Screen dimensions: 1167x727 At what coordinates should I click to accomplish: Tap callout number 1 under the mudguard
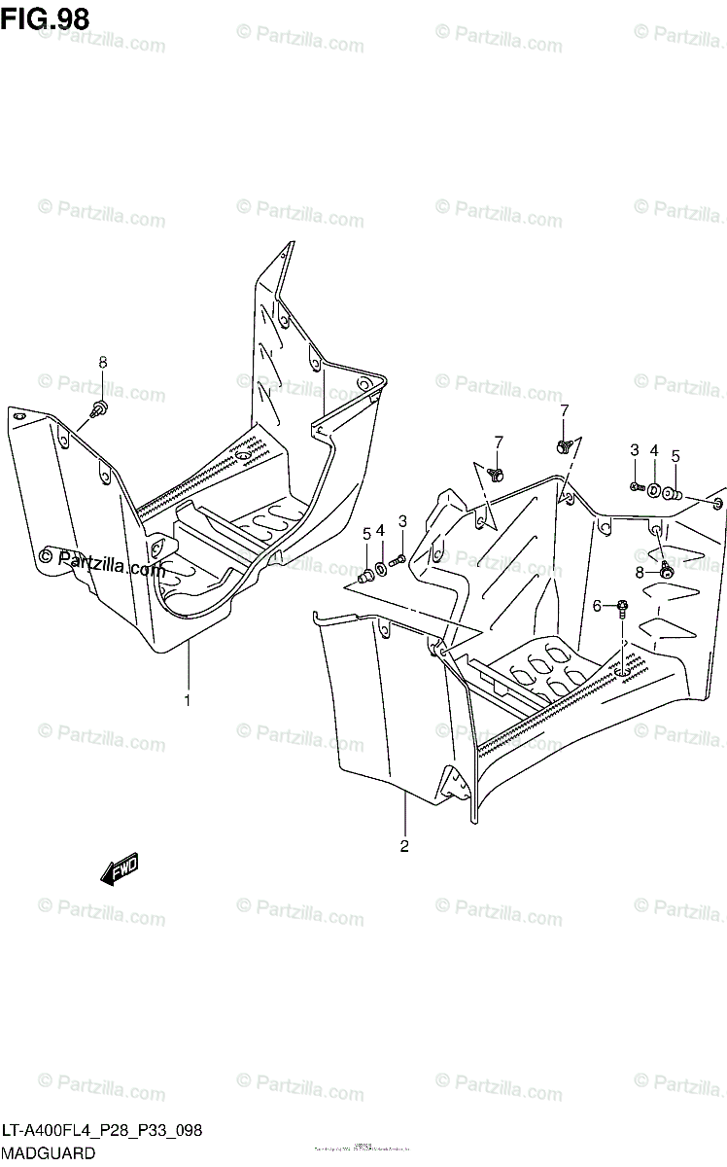click(188, 699)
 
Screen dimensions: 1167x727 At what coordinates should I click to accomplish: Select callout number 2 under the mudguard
click(404, 845)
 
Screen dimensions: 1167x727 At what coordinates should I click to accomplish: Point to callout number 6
click(598, 606)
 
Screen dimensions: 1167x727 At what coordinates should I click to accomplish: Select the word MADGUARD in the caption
click(48, 1153)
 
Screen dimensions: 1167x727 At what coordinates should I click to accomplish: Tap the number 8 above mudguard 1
click(102, 363)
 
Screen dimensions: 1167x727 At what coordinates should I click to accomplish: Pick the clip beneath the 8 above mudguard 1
click(98, 407)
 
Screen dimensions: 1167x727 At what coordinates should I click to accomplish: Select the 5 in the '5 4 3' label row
click(366, 533)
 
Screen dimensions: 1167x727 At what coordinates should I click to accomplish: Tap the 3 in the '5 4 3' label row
click(401, 521)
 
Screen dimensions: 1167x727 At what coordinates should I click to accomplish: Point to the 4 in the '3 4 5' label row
click(654, 450)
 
